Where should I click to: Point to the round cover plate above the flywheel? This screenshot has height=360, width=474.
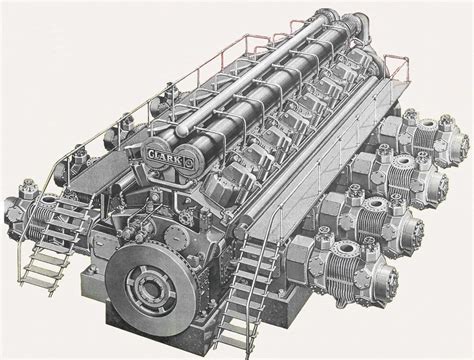point(176,237)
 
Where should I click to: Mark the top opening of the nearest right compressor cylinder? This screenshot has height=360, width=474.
point(346,248)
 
